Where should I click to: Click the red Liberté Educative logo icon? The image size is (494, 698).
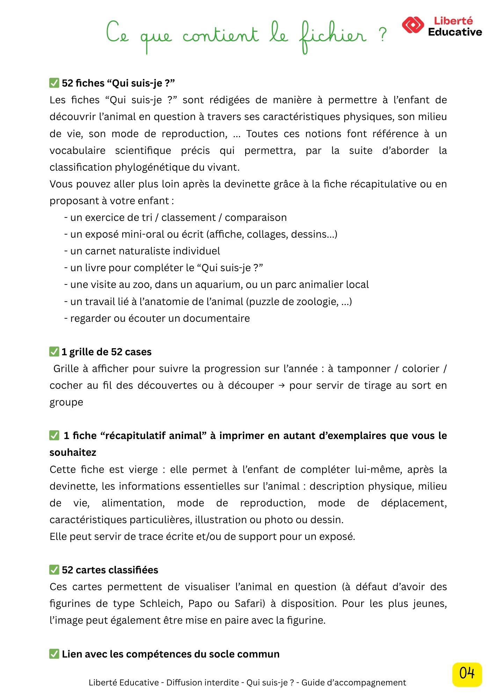pos(413,25)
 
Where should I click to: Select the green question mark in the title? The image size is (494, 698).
pos(383,35)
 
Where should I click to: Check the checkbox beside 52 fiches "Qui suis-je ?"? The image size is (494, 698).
pos(54,83)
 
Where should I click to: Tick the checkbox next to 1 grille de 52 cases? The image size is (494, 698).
pos(54,351)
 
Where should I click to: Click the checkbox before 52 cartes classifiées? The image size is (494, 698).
pos(54,570)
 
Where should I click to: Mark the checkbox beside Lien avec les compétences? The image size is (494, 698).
pos(54,654)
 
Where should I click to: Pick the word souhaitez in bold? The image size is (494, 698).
pos(73,452)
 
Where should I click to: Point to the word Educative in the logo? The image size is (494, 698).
pos(455,32)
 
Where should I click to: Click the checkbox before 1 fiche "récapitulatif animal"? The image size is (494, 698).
pos(54,435)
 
